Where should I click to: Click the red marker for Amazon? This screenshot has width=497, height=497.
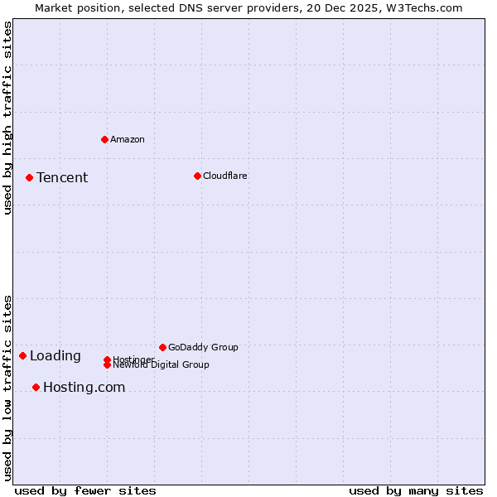pyautogui.click(x=104, y=139)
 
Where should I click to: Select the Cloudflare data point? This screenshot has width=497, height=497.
pyautogui.click(x=197, y=176)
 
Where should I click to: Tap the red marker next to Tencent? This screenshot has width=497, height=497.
pyautogui.click(x=29, y=177)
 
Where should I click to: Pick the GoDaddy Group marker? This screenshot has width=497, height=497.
pyautogui.click(x=162, y=347)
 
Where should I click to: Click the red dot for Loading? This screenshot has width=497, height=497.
pyautogui.click(x=22, y=355)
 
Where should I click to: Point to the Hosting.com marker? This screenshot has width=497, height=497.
pyautogui.click(x=36, y=387)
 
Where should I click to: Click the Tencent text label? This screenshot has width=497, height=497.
pyautogui.click(x=62, y=178)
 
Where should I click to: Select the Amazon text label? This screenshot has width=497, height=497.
pyautogui.click(x=128, y=139)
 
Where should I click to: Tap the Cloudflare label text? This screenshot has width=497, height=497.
pyautogui.click(x=225, y=176)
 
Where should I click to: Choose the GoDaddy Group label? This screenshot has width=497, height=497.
pyautogui.click(x=203, y=348)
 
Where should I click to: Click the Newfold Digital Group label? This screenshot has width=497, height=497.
pyautogui.click(x=162, y=365)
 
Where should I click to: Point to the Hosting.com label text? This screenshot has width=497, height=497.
pyautogui.click(x=84, y=388)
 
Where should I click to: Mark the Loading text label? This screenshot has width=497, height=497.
pyautogui.click(x=55, y=356)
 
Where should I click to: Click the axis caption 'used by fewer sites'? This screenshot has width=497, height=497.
pyautogui.click(x=85, y=490)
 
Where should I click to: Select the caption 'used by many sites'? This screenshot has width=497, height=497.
pyautogui.click(x=416, y=490)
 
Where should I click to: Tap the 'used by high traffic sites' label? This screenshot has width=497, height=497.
pyautogui.click(x=7, y=118)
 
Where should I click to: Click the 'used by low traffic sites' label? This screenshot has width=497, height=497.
pyautogui.click(x=7, y=388)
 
